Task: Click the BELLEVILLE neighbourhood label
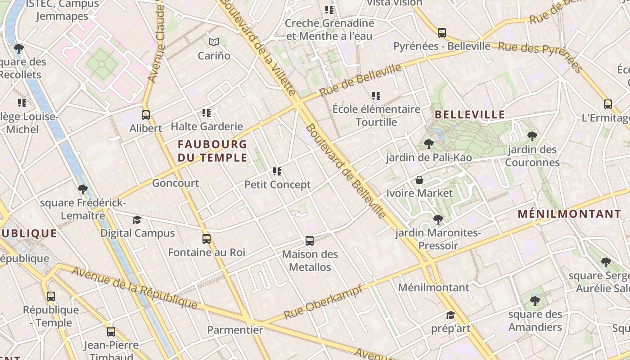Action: coord(470,115)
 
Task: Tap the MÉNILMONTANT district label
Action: coord(569,214)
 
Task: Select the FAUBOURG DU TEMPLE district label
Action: coord(212,151)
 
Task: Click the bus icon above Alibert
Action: coord(145,115)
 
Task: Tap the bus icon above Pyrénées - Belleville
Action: coord(441,32)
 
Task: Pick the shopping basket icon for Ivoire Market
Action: coord(419,180)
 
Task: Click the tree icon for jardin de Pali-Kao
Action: coord(428,144)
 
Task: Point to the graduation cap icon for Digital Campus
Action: coord(137,220)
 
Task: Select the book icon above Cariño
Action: coord(214,42)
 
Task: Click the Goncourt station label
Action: coord(175,183)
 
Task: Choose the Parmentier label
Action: coord(235,330)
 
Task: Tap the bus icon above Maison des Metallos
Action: coord(310,241)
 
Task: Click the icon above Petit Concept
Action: coord(277,171)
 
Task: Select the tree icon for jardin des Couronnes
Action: coord(532,136)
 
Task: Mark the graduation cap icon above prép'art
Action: coord(450,315)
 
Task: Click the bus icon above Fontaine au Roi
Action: coord(207,239)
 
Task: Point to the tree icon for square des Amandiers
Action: coord(535,301)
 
